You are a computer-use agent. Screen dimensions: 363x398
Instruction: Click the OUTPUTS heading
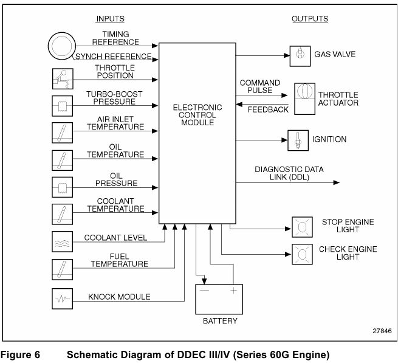310,19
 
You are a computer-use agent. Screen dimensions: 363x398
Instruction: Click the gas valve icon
299,54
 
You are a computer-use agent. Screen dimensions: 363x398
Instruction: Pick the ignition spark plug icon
298,140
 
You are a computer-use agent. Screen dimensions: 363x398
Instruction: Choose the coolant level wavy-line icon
61,238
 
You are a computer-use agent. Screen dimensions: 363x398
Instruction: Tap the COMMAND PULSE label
259,86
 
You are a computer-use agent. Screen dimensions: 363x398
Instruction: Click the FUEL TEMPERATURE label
120,261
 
